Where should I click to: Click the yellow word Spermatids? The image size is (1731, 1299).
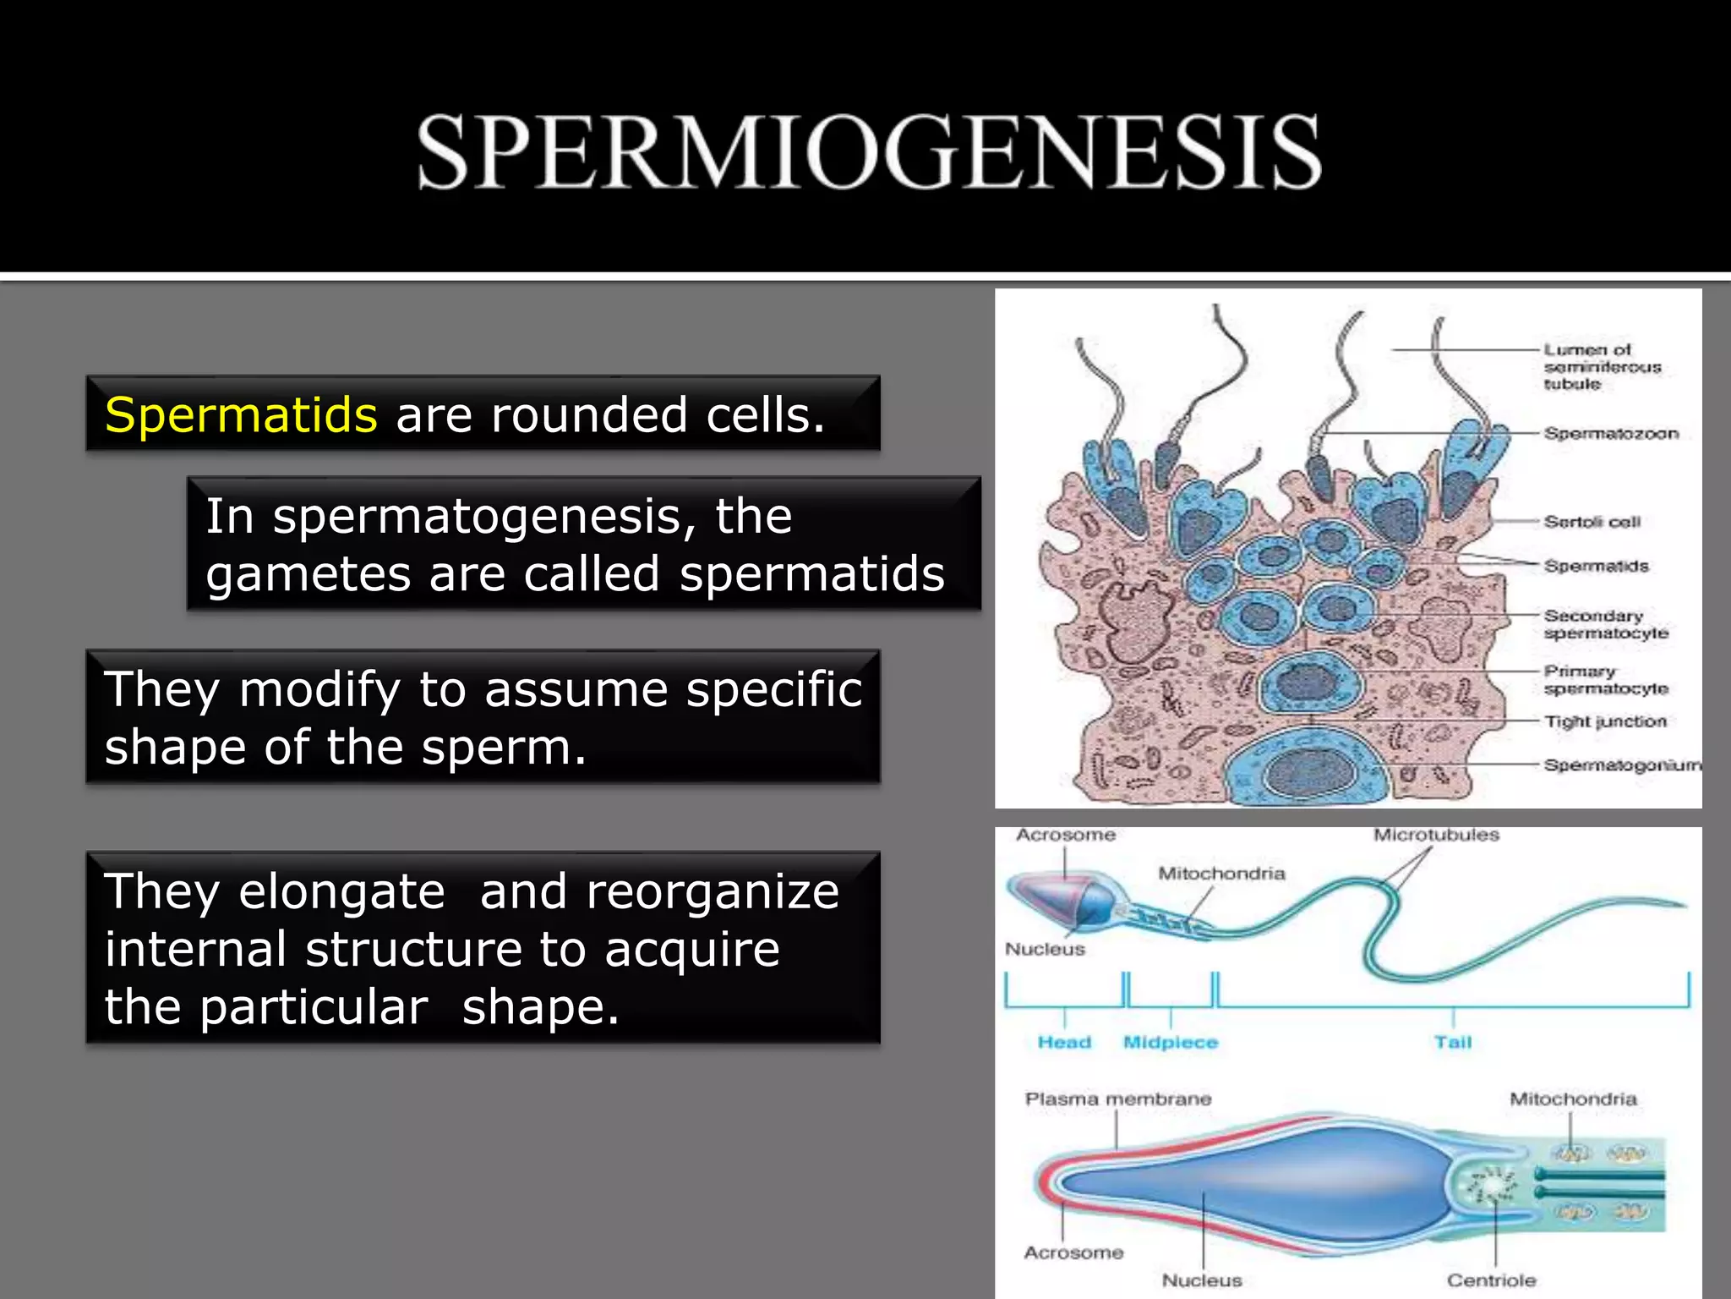point(241,415)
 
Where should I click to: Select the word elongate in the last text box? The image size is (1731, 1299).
point(341,891)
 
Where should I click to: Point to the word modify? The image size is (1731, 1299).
point(319,689)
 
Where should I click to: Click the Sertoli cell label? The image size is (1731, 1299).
point(1592,522)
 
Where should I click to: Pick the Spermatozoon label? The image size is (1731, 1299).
point(1610,434)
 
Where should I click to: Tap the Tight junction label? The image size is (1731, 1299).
point(1605,721)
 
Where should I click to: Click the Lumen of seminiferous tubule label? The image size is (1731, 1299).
point(1602,367)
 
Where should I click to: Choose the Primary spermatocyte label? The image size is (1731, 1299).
point(1605,680)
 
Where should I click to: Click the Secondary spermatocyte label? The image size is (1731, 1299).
point(1605,624)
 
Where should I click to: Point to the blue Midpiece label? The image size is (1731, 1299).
point(1170,1043)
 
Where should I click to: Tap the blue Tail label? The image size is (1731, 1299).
point(1452,1043)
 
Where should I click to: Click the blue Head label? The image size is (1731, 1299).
point(1064,1043)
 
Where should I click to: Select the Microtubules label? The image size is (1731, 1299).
point(1436,836)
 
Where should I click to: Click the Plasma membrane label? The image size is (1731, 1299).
point(1117,1099)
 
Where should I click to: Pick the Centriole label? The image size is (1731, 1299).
point(1491,1280)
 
